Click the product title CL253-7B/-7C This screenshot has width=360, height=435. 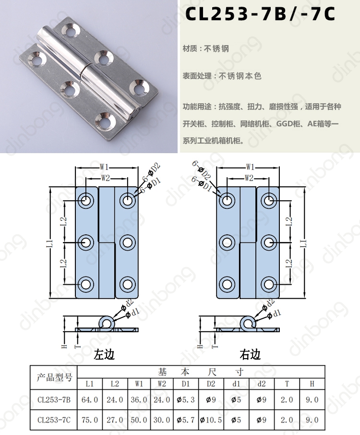pyautogui.click(x=260, y=14)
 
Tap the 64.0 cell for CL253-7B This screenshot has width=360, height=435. pyautogui.click(x=90, y=400)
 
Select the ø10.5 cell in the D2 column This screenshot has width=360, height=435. pyautogui.click(x=211, y=420)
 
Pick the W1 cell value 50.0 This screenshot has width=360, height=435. pyautogui.click(x=139, y=420)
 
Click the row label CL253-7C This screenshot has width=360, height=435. pyautogui.click(x=54, y=420)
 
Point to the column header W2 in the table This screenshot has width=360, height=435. pyautogui.click(x=162, y=384)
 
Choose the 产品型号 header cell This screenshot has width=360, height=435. pyautogui.click(x=54, y=377)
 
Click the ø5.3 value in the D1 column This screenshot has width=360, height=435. pyautogui.click(x=186, y=400)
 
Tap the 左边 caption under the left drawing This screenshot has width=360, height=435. pyautogui.click(x=104, y=354)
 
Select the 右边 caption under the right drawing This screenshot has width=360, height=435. pyautogui.click(x=250, y=354)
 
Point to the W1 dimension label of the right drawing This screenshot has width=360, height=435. pyautogui.click(x=250, y=167)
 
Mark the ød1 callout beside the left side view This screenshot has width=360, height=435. pyautogui.click(x=132, y=313)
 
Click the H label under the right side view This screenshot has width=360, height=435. pyautogui.click(x=200, y=346)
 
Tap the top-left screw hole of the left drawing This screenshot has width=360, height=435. pyautogui.click(x=86, y=200)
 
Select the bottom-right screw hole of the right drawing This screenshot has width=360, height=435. pyautogui.click(x=268, y=284)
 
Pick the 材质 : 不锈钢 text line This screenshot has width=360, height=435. pyautogui.click(x=206, y=48)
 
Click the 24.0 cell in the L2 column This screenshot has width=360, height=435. pyautogui.click(x=115, y=400)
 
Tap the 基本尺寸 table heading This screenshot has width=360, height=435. pyautogui.click(x=201, y=372)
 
